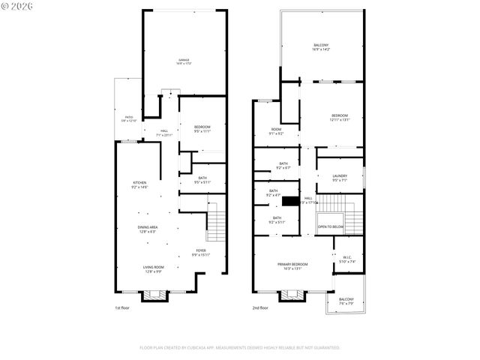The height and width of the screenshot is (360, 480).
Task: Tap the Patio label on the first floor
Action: [x=128, y=118]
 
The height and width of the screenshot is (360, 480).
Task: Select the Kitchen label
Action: [x=139, y=184]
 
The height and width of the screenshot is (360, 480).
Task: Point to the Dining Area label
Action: [x=147, y=229]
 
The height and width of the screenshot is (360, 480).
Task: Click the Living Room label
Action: [x=153, y=268]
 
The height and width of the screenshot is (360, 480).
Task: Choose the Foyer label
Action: [x=201, y=252]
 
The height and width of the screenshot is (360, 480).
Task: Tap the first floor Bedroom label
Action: [x=202, y=129]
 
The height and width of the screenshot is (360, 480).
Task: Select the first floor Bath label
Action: [x=202, y=179]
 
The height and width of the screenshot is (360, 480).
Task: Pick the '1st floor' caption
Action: [x=123, y=308]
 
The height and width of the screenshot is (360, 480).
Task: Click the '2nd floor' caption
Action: [x=261, y=308]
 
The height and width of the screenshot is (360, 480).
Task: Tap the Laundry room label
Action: [x=340, y=178]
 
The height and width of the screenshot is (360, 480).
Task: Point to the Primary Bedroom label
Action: [x=292, y=266]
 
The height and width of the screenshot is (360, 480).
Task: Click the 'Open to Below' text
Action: [x=331, y=226]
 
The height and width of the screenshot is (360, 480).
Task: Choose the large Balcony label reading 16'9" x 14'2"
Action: [x=321, y=47]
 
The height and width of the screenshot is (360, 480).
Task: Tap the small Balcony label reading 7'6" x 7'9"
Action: [x=346, y=301]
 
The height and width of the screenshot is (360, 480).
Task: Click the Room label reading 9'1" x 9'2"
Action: [x=276, y=131]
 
